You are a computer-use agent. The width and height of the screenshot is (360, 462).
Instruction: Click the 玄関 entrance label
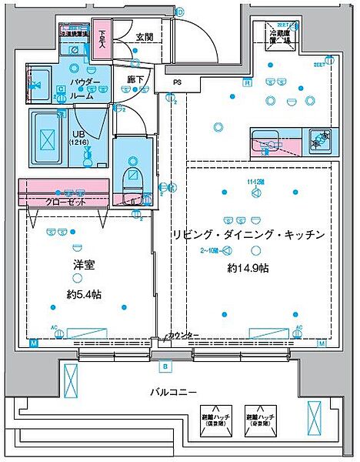point(144,37)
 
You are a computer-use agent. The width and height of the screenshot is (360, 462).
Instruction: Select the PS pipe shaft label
point(178,83)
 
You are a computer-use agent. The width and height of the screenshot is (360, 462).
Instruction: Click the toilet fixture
point(132,178)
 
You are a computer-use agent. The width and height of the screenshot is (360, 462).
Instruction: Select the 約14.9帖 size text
point(248,268)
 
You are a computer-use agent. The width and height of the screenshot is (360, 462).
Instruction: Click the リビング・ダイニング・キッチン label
point(246,234)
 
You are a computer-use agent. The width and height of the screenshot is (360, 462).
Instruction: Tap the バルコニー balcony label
point(172,392)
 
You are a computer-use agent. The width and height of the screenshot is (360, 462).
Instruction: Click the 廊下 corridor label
point(135,79)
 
